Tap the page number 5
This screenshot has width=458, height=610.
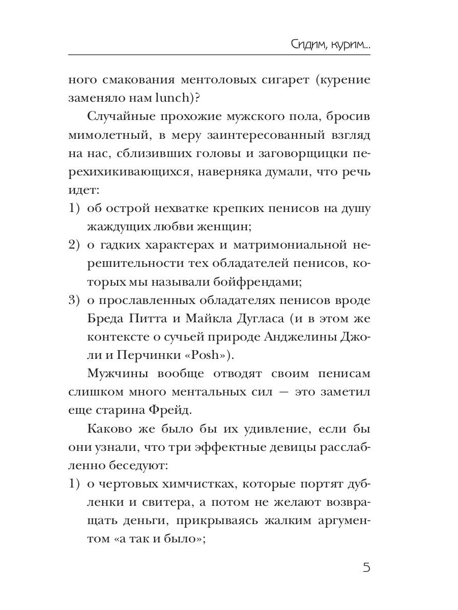tap(366, 567)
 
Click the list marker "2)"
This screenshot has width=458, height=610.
tap(75, 245)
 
